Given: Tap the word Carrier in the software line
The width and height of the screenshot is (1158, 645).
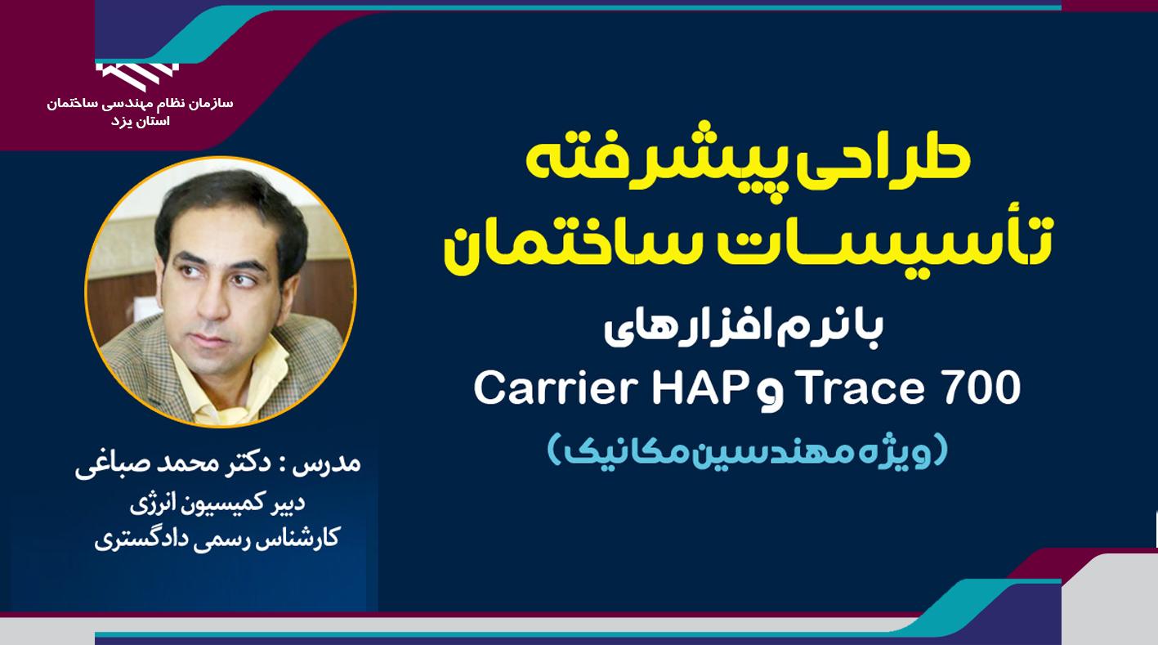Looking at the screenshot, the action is [554, 388].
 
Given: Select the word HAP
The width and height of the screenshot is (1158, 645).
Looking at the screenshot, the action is [698, 388].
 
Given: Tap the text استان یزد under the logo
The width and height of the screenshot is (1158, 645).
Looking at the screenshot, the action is [140, 122].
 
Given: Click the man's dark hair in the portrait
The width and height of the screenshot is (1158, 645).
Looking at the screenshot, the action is [233, 207].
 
